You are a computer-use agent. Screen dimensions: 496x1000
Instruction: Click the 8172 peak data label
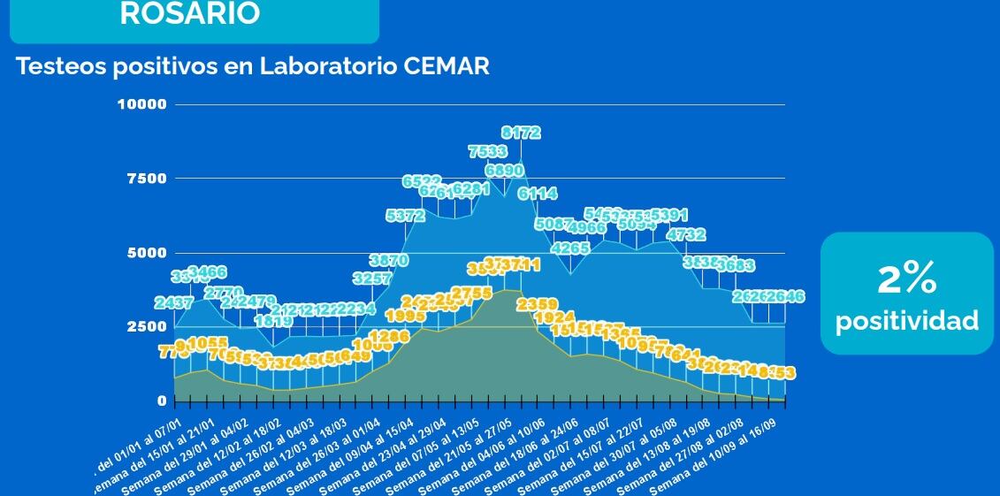(521, 134)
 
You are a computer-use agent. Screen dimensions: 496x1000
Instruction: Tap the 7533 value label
(487, 152)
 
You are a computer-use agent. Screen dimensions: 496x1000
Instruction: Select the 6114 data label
(538, 194)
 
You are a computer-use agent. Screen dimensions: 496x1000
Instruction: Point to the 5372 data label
(405, 216)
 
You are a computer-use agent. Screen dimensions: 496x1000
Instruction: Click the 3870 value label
(388, 261)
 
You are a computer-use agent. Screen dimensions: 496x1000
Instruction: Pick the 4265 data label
(569, 248)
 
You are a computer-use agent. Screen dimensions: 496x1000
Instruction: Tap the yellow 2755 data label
(471, 294)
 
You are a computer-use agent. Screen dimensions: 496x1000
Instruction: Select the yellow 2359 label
(538, 305)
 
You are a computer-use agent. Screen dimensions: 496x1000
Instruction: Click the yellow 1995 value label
(405, 317)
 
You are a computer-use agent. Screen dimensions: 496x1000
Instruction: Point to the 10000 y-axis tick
(141, 104)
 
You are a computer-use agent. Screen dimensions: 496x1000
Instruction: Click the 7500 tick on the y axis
(146, 179)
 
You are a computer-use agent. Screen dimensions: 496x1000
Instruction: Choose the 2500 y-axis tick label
(146, 326)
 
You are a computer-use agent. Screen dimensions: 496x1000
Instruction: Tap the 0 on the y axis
(162, 401)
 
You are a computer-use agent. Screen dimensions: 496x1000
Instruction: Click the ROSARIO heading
(189, 14)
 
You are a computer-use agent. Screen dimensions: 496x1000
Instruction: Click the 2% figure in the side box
(906, 279)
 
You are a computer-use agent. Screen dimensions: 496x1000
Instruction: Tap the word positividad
(907, 320)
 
